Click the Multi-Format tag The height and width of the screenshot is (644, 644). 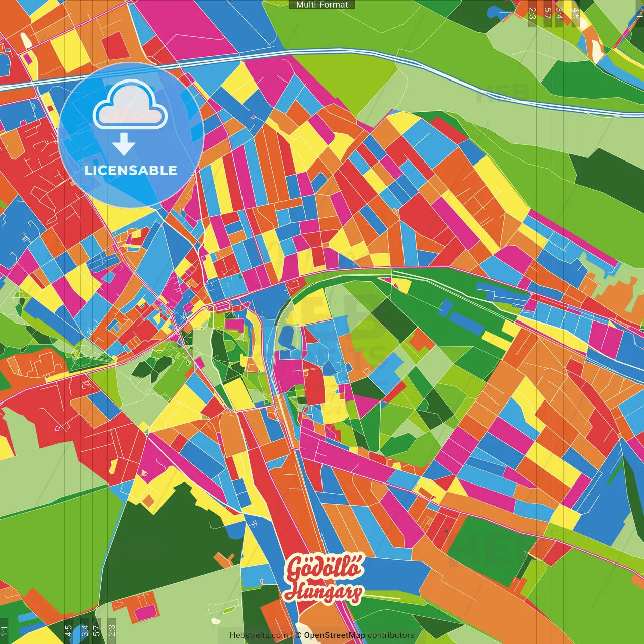322,5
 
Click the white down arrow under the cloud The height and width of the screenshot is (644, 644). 124,144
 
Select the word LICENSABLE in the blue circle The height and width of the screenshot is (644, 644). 131,170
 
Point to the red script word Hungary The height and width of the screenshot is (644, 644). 323,592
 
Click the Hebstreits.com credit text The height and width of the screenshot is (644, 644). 259,635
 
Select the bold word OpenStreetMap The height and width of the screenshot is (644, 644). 335,635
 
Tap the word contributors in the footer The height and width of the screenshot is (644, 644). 391,635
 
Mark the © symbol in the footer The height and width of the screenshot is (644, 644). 298,635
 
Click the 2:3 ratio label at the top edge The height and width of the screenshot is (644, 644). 532,13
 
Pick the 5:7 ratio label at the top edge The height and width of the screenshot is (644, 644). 547,13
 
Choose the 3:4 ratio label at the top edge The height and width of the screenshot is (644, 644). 559,13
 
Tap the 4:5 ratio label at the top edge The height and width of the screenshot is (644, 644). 575,13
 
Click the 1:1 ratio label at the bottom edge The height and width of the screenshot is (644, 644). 4,631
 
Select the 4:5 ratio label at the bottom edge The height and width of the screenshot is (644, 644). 68,631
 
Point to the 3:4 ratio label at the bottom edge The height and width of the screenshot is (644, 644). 84,631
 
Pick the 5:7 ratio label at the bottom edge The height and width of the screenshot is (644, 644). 97,631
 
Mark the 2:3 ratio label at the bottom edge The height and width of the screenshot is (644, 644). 112,631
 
